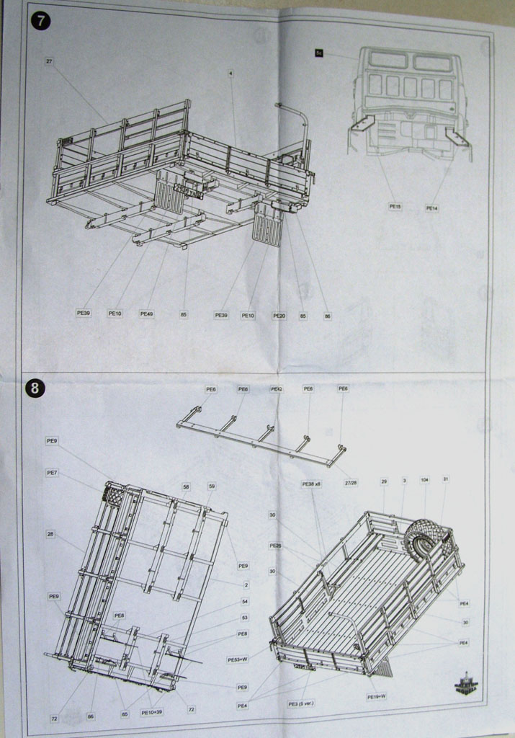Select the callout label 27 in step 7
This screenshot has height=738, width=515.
[49, 61]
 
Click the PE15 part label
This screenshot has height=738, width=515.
[395, 206]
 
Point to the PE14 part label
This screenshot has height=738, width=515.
[431, 208]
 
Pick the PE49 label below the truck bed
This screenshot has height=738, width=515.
[146, 314]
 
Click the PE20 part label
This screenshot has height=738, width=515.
[279, 315]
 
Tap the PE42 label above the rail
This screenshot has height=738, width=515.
[276, 388]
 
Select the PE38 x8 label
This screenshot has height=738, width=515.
[311, 484]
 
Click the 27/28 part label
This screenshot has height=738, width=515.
[351, 483]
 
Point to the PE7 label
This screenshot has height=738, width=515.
[52, 472]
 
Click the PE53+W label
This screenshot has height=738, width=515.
[237, 659]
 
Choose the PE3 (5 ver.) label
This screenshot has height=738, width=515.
[301, 703]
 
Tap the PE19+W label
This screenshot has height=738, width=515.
[376, 697]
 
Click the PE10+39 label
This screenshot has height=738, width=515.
[152, 713]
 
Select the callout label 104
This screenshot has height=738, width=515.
[424, 479]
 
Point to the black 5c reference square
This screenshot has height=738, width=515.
[319, 53]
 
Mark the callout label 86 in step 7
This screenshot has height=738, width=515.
[328, 316]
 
